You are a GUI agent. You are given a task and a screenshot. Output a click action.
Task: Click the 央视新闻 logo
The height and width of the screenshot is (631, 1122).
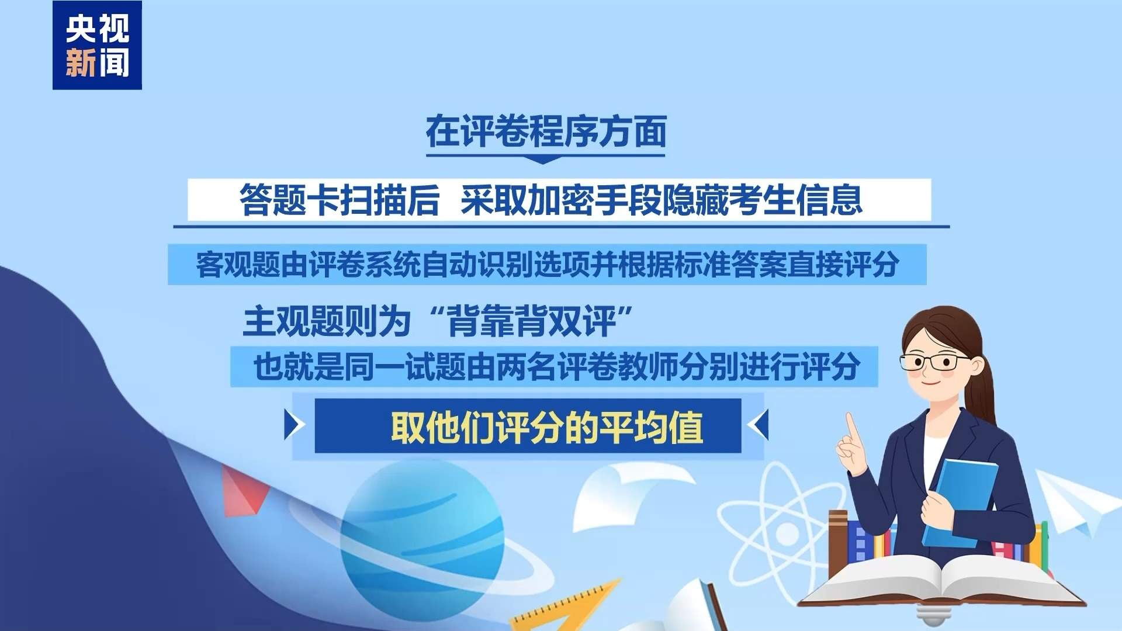pyautogui.click(x=97, y=46)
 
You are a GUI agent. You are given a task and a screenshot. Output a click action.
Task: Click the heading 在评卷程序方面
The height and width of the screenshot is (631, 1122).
pyautogui.click(x=546, y=132)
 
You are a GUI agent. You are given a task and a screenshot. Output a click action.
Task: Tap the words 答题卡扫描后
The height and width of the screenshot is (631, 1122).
pyautogui.click(x=339, y=200)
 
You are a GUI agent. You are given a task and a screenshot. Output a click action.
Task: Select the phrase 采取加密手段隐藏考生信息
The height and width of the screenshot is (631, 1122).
pyautogui.click(x=661, y=200)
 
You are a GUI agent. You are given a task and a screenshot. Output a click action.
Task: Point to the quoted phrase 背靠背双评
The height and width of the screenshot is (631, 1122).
pyautogui.click(x=531, y=321)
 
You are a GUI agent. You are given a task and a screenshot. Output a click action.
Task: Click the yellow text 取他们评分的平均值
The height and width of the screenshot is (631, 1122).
pyautogui.click(x=546, y=427)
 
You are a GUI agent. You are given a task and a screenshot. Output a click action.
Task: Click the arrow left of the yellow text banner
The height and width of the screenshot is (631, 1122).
pyautogui.click(x=293, y=425)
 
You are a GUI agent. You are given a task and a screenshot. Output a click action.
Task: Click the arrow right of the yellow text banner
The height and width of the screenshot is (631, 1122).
pyautogui.click(x=760, y=425)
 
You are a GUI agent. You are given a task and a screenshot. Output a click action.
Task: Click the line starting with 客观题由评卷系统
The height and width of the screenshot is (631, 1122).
pyautogui.click(x=546, y=265)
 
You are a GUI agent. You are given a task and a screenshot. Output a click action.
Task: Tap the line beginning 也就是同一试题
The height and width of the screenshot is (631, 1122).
pyautogui.click(x=555, y=367)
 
